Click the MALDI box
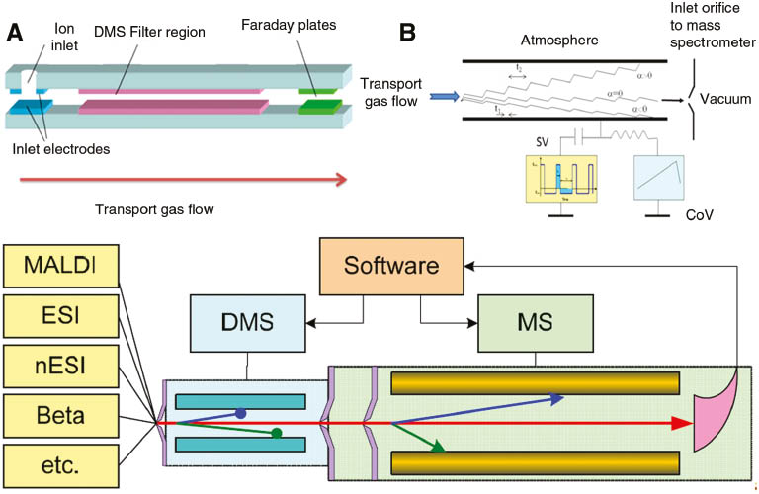(x=59, y=267)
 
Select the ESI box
(x=59, y=316)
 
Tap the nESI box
(x=59, y=366)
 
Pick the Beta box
(x=59, y=415)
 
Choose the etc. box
(x=59, y=465)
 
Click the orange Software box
(x=390, y=267)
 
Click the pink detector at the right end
(x=715, y=422)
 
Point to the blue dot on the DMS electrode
(x=241, y=413)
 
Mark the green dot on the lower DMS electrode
(x=277, y=433)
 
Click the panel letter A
(x=16, y=31)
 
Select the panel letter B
(x=406, y=31)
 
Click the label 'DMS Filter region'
(x=150, y=33)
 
